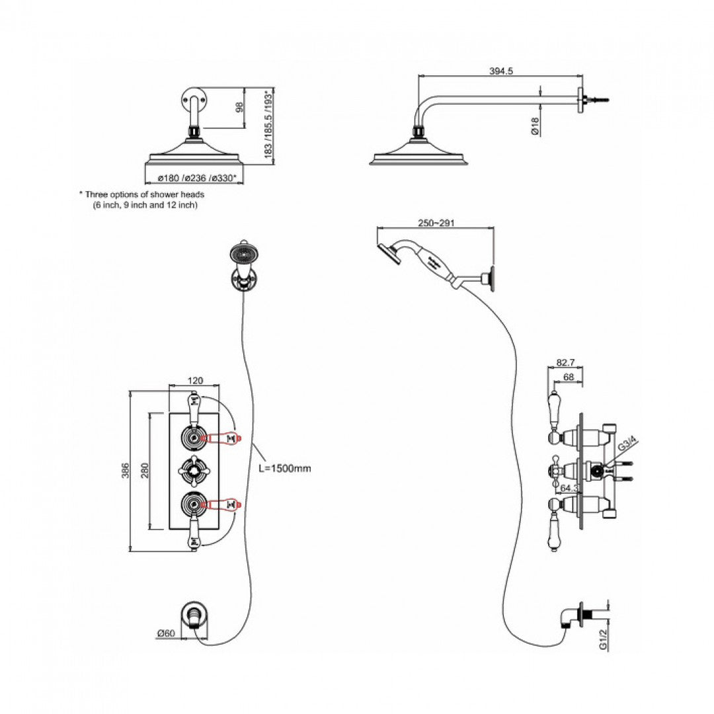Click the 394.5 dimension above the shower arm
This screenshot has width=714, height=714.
point(500,71)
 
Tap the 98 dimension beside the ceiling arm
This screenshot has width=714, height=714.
point(240,107)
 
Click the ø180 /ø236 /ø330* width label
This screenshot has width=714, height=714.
point(193,177)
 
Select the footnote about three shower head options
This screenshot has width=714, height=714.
point(142,200)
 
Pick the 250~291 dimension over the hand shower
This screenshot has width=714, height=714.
point(436,223)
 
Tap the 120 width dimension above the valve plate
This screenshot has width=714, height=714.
point(196,381)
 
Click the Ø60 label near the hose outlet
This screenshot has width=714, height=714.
point(165,634)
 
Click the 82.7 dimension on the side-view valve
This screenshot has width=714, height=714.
point(565,363)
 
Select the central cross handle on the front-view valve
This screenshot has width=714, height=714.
point(195,470)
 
